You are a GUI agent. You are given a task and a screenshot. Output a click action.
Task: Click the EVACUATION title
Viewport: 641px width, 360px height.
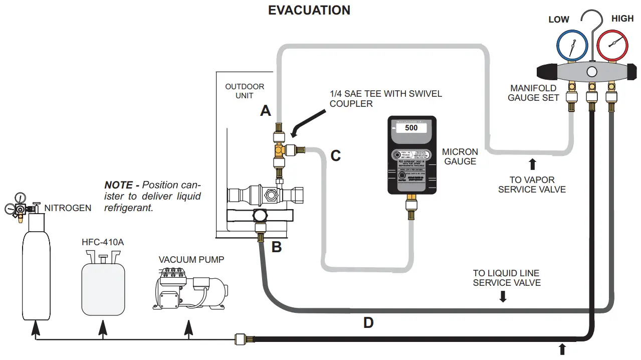[x=309, y=10]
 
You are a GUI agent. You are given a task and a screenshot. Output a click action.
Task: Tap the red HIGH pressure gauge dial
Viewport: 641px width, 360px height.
[x=610, y=46]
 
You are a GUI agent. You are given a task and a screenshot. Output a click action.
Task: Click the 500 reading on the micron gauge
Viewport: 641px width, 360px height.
[x=411, y=128]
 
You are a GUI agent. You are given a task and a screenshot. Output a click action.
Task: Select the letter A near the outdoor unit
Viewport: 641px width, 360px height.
[x=265, y=111]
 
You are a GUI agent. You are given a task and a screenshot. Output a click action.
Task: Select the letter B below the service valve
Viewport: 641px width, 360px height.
[x=277, y=247]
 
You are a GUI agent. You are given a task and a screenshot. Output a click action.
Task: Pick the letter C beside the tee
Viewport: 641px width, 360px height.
[x=335, y=156]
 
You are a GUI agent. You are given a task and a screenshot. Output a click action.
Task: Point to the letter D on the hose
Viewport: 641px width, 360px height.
[x=368, y=323]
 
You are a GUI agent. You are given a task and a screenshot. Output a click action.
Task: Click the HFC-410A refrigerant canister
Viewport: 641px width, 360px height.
[x=103, y=286]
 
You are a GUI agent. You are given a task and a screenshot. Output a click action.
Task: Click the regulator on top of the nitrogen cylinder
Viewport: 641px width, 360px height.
[x=19, y=206]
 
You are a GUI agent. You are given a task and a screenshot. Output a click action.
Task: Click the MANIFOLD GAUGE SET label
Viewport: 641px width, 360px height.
[x=533, y=93]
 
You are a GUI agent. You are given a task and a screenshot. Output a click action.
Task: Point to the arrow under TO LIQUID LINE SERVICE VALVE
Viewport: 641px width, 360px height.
[x=503, y=297]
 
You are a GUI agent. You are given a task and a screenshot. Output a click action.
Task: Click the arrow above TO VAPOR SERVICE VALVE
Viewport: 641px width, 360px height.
[x=532, y=163]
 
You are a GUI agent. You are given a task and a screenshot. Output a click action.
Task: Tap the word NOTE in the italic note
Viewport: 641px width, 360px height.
[x=119, y=185]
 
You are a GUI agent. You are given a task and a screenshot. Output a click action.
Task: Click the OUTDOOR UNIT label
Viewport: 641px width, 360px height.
[x=245, y=91]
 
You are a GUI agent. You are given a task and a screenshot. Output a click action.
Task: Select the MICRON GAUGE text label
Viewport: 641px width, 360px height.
[x=460, y=156]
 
